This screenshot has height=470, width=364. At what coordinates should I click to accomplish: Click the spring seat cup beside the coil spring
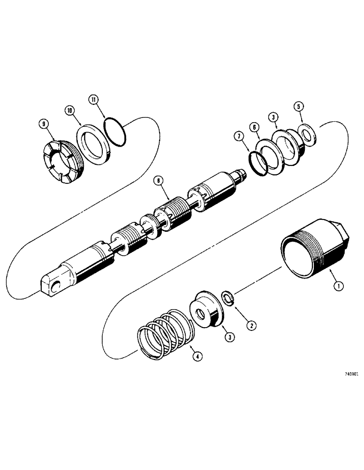click(206, 311)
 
